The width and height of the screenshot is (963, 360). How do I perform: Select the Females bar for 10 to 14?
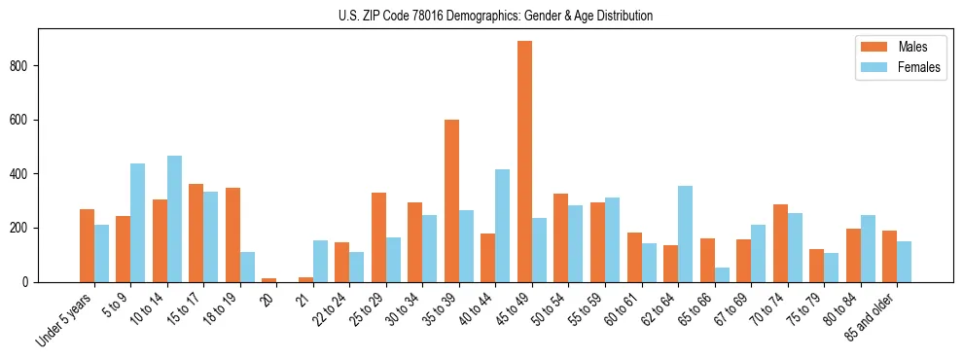tap(174, 219)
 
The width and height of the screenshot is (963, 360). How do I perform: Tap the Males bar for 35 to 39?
tap(451, 200)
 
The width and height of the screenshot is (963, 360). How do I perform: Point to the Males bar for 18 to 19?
tap(232, 234)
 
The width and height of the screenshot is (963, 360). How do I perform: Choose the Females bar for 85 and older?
tap(904, 262)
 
